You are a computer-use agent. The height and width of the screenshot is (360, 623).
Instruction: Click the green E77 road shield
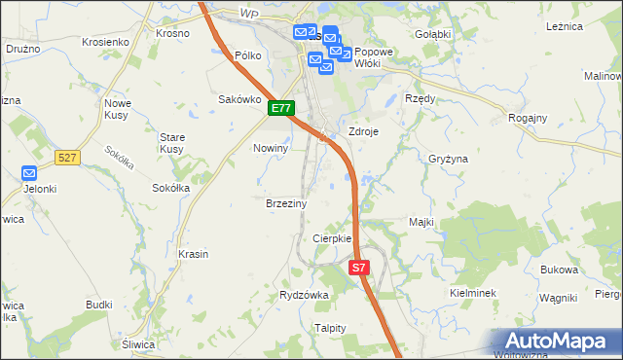pyautogui.click(x=282, y=109)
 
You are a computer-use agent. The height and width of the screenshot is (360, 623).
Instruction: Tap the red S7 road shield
pyautogui.click(x=359, y=267)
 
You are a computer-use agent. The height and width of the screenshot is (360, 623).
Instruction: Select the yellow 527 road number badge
pyautogui.click(x=67, y=157)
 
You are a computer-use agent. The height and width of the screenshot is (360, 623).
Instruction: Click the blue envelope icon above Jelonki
pyautogui.click(x=28, y=173)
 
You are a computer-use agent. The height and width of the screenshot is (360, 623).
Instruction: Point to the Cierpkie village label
pyautogui.click(x=331, y=238)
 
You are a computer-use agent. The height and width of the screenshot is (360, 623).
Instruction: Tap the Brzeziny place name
pyautogui.click(x=286, y=204)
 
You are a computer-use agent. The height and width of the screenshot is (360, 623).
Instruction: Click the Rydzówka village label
pyautogui.click(x=304, y=294)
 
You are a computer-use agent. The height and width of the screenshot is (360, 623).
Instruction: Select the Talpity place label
pyautogui.click(x=330, y=328)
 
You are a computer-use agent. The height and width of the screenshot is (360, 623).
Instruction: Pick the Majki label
pyautogui.click(x=421, y=222)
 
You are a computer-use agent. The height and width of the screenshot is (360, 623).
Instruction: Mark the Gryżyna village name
pyautogui.click(x=448, y=158)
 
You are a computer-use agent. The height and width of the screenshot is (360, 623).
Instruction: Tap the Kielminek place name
pyautogui.click(x=474, y=292)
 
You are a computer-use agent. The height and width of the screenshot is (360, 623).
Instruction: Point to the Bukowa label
pyautogui.click(x=559, y=270)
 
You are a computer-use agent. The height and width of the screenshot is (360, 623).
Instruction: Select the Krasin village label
pyautogui.click(x=194, y=254)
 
